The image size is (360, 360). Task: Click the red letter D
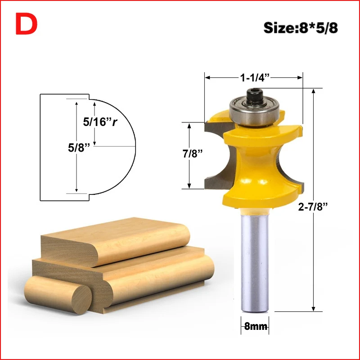pyautogui.click(x=27, y=24)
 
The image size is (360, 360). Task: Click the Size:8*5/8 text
pyautogui.click(x=301, y=28)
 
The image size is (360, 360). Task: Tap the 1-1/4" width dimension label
pyautogui.click(x=255, y=77)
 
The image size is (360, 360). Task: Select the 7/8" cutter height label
pyautogui.click(x=193, y=153)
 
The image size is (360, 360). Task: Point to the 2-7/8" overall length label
pyautogui.click(x=312, y=207)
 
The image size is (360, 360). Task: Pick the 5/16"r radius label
pyautogui.click(x=100, y=121)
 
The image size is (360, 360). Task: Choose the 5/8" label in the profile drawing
pyautogui.click(x=78, y=148)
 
